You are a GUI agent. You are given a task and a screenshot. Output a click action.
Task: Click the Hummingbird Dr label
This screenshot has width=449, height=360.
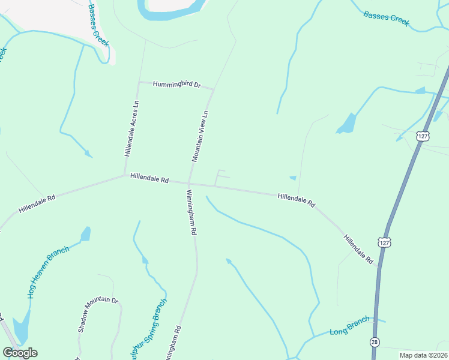click(x=175, y=85)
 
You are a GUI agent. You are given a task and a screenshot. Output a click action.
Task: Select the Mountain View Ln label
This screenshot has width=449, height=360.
click(x=200, y=136)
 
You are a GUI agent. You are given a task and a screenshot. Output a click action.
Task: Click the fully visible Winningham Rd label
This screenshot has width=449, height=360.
click(x=191, y=213)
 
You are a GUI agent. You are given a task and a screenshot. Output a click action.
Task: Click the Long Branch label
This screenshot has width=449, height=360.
click(x=349, y=327)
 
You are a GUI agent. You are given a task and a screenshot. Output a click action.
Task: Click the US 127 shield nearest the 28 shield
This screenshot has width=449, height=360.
click(x=384, y=242)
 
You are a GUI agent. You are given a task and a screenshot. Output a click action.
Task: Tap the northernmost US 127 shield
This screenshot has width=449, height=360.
click(x=424, y=136)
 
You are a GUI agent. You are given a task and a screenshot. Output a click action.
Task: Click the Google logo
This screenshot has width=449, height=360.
click(x=20, y=353)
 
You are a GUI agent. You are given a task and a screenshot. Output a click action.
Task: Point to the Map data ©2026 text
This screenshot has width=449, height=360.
click(x=423, y=355)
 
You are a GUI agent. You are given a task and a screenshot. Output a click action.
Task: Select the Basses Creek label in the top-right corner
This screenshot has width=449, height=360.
click(x=386, y=18)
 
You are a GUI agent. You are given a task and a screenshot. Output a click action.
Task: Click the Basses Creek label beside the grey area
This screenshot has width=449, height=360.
click(x=98, y=26)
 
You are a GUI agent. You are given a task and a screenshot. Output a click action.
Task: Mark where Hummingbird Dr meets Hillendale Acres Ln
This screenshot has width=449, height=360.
click(x=139, y=82)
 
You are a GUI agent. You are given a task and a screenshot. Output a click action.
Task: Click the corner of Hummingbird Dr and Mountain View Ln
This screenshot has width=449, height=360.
click(x=213, y=89)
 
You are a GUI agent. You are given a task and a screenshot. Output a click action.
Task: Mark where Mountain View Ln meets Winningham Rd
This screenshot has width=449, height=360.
click(x=189, y=183)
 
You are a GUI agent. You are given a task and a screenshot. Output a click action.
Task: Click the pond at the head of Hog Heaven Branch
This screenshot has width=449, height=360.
click(x=86, y=233)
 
